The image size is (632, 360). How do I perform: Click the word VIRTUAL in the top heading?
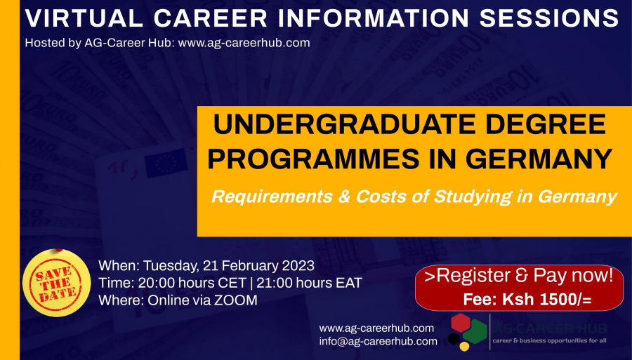pyautogui.click(x=84, y=18)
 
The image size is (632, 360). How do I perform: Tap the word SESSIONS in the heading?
pyautogui.click(x=549, y=18)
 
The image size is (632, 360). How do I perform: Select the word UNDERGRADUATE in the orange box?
pyautogui.click(x=344, y=124)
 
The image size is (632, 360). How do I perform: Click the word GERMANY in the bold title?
pyautogui.click(x=539, y=159)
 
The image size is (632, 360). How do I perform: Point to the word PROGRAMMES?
pyautogui.click(x=313, y=159)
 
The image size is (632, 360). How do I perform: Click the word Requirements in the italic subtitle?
pyautogui.click(x=272, y=196)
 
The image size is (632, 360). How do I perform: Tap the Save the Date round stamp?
pyautogui.click(x=56, y=283)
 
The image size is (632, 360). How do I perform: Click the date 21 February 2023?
pyautogui.click(x=258, y=266)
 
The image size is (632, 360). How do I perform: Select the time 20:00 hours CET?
pyautogui.click(x=192, y=283)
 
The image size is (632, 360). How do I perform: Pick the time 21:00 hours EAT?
pyautogui.click(x=309, y=283)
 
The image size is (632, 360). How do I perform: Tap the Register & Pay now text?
pyautogui.click(x=518, y=275)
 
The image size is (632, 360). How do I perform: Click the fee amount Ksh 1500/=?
pyautogui.click(x=547, y=300)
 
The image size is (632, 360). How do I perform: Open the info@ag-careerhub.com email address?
pyautogui.click(x=378, y=342)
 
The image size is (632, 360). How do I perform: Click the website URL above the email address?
pyautogui.click(x=376, y=328)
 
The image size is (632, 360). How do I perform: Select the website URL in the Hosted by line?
pyautogui.click(x=244, y=43)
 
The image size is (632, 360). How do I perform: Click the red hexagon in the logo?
pyautogui.click(x=461, y=323)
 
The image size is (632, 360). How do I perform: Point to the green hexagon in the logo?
pyautogui.click(x=475, y=332)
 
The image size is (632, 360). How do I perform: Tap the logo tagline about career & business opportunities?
pyautogui.click(x=549, y=340)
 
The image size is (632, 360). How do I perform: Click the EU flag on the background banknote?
pyautogui.click(x=166, y=163)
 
